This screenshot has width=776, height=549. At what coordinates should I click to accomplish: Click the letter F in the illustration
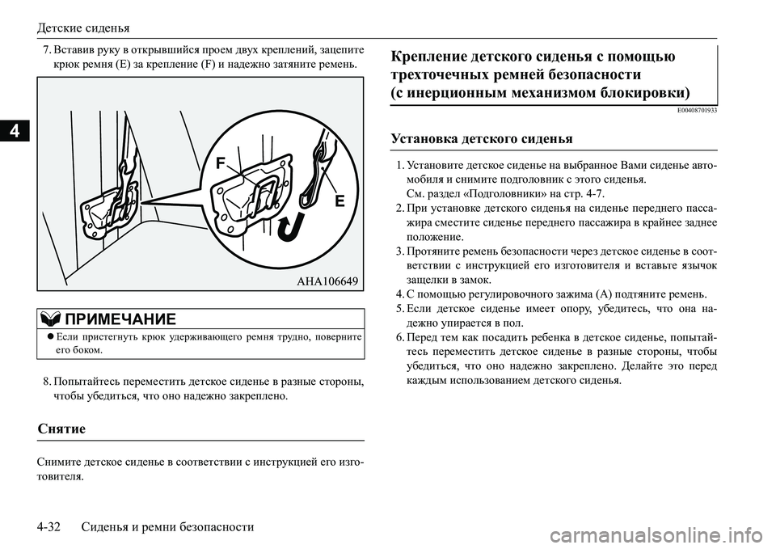coord(219,165)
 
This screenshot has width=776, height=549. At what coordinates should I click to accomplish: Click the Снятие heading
coord(61,427)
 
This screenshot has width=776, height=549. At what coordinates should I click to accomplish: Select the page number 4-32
coord(53,526)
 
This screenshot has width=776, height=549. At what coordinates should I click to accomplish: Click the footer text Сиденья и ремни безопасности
coord(168,526)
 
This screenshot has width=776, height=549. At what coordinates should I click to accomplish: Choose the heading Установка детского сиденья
coord(481,137)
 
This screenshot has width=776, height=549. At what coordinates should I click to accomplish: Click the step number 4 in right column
coord(399,293)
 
